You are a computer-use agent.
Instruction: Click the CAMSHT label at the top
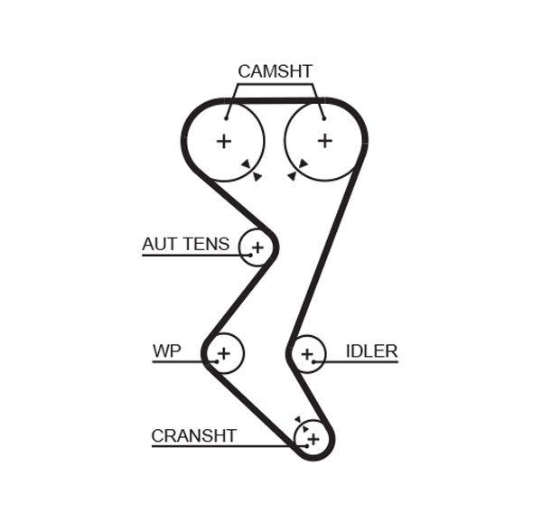[275, 71]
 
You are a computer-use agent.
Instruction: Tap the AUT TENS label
[185, 244]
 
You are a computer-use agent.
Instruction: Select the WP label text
[166, 350]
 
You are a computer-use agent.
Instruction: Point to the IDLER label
[371, 351]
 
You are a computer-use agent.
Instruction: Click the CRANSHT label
[193, 435]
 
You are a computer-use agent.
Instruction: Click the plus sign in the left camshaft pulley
[223, 141]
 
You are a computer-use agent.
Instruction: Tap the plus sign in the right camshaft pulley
[325, 140]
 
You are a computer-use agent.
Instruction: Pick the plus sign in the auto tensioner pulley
[257, 247]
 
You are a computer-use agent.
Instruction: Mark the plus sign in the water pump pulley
[224, 352]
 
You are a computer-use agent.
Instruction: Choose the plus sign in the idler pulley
[308, 353]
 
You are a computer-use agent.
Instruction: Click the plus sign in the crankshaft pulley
[313, 439]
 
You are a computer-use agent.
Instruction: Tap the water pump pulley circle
[237, 341]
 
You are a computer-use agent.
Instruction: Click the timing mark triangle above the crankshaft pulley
[298, 419]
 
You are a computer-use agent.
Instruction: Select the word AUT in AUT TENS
[160, 244]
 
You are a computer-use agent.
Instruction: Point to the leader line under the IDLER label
[361, 362]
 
